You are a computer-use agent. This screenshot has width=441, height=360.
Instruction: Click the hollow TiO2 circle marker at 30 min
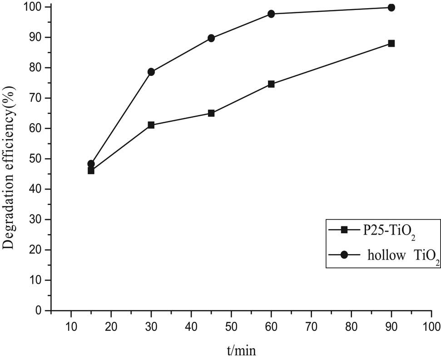151,72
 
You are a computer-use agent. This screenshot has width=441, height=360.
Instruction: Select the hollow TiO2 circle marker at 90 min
391,7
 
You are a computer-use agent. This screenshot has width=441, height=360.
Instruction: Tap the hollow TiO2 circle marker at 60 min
271,14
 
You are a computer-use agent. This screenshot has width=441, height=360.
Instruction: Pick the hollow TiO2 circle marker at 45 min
211,38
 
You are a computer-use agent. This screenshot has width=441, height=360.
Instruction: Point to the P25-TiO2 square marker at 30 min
151,125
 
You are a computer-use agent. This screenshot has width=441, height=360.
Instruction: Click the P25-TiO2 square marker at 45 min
211,113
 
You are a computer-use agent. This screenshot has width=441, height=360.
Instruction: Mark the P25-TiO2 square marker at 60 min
271,84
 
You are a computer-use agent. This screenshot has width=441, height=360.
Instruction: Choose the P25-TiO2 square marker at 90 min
391,44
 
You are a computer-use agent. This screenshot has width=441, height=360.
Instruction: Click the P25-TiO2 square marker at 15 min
91,171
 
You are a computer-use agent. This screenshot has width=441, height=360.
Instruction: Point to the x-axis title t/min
241,350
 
